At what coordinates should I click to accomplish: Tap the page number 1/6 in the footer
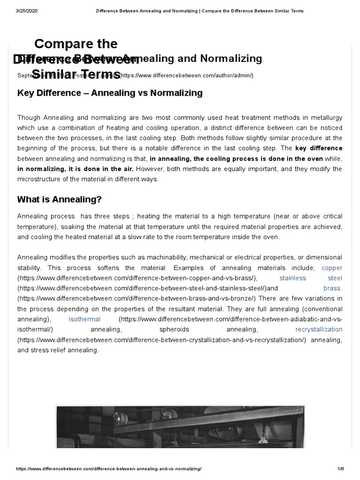point(340,470)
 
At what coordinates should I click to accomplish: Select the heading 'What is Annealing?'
point(60,199)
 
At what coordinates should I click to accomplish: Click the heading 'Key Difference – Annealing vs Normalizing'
point(110,93)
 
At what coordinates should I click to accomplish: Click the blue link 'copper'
point(332,268)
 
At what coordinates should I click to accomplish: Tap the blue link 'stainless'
point(292,278)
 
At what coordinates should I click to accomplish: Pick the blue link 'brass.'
point(333,288)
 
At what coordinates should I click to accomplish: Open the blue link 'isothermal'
point(84,319)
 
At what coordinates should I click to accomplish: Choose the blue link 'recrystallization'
point(319,330)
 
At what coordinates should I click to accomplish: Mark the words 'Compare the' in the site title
point(76,44)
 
